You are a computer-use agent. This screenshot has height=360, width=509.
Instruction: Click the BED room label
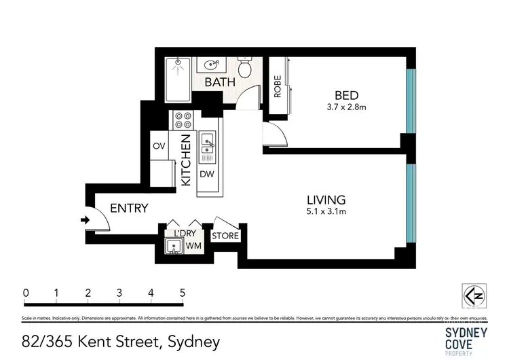[346, 95]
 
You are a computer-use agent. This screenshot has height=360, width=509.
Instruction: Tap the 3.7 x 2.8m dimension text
[346, 107]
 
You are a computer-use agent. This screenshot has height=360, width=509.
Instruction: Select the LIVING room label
[326, 200]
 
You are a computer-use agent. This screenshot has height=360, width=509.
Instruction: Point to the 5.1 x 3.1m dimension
[326, 212]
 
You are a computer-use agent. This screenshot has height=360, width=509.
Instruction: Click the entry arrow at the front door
[85, 219]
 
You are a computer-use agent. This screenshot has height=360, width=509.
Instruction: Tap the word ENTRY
[129, 209]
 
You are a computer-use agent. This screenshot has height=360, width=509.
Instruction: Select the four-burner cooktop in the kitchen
[183, 121]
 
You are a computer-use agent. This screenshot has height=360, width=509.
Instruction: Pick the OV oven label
[159, 146]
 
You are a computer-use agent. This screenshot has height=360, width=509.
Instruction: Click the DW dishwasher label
[207, 174]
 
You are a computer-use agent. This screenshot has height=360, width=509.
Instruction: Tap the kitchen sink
[207, 143]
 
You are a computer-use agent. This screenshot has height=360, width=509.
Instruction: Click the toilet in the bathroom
[246, 68]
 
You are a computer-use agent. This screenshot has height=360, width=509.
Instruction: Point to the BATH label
[221, 82]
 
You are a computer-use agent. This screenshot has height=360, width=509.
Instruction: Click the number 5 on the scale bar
[182, 293]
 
